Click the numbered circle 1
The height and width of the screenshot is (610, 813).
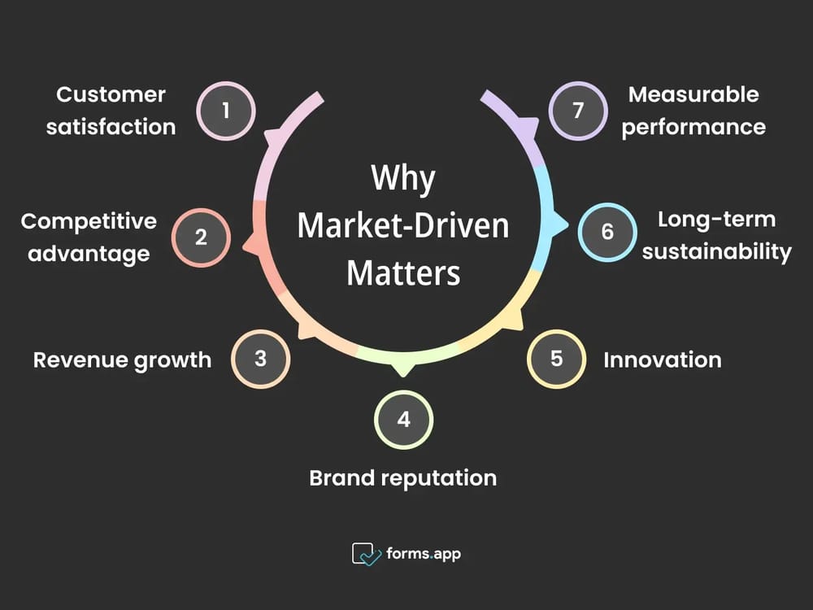click(226, 110)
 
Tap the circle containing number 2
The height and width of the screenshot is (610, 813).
click(201, 237)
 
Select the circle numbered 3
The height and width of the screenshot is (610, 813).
click(260, 359)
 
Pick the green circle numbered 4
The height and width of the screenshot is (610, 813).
click(403, 420)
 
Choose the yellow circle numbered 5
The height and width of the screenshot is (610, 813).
click(556, 359)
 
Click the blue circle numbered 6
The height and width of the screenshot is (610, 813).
click(607, 232)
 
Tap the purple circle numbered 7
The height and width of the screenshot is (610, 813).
click(578, 110)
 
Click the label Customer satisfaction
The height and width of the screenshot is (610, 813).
click(111, 110)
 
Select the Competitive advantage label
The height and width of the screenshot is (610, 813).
click(89, 237)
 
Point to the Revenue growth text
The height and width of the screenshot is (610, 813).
click(122, 359)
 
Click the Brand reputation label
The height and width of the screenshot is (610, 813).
click(403, 477)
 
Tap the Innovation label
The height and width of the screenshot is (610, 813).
click(662, 359)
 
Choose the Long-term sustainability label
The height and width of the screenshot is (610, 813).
click(716, 235)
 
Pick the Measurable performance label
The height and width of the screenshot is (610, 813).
click(693, 110)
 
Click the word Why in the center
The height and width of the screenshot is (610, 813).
click(403, 179)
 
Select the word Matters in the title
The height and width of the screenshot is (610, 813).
click(403, 272)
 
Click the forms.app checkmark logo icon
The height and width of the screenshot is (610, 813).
click(366, 554)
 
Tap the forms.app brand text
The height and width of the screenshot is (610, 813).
click(424, 554)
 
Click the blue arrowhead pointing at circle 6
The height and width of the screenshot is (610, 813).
click(559, 224)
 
